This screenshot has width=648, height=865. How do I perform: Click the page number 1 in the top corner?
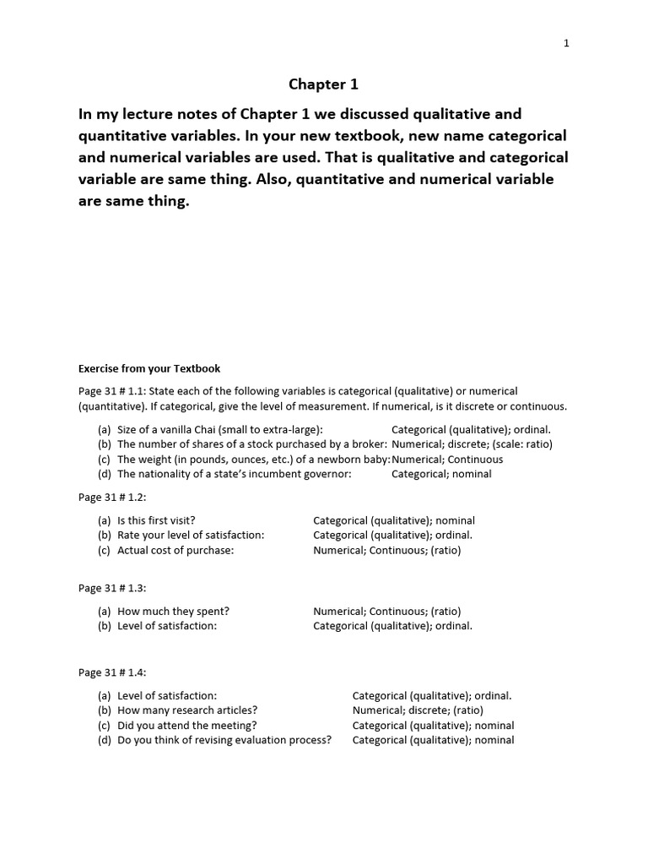point(567,44)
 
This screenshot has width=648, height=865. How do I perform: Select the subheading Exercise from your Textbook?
point(149,368)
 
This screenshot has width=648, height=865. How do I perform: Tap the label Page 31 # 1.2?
point(112,498)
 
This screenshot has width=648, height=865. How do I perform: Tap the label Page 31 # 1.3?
point(112,588)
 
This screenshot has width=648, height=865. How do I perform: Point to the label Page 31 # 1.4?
point(112,672)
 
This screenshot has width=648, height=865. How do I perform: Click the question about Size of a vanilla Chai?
point(219,429)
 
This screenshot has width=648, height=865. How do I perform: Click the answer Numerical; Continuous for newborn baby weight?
point(447,460)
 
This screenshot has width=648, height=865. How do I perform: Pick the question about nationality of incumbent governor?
point(234,474)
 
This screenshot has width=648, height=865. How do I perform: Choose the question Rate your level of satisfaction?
point(191,536)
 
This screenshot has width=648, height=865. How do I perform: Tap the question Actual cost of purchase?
point(175,550)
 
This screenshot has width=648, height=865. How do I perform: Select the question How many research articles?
point(187,710)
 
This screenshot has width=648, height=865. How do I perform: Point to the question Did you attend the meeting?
point(187,726)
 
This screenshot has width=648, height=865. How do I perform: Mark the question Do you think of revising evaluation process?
point(224,740)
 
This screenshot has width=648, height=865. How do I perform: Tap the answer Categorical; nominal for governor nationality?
point(441,474)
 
